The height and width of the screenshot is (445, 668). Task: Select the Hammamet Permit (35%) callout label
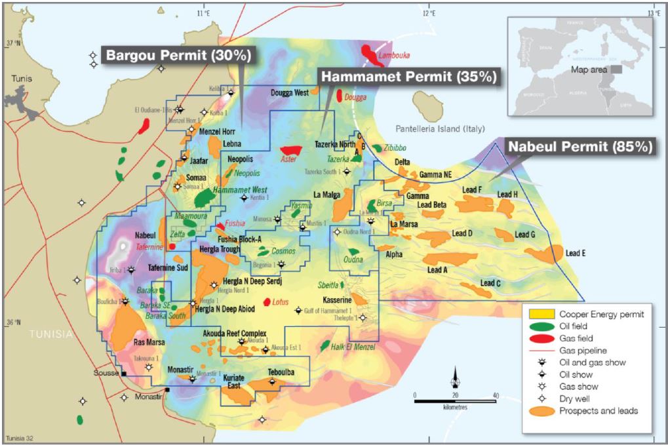point(407,77)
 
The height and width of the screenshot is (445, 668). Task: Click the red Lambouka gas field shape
point(373,54)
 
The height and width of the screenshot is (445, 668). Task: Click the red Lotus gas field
point(267,302)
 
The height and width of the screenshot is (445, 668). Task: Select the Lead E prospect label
point(576,253)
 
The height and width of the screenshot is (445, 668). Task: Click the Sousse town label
point(106,373)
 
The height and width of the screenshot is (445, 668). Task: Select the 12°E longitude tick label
point(429,12)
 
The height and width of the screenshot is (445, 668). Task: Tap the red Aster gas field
point(290,151)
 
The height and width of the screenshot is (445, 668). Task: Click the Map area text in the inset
point(588,69)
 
